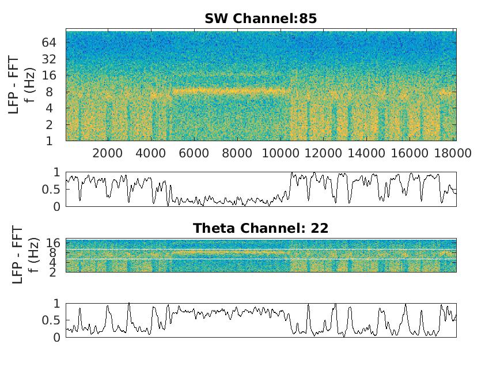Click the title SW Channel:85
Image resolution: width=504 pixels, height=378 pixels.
260,18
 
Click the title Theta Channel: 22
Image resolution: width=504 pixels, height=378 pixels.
260,228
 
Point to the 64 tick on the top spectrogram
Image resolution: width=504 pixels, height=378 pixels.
48,43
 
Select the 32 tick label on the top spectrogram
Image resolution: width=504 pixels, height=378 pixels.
48,59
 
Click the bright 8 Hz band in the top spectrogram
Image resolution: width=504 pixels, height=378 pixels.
230,90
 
